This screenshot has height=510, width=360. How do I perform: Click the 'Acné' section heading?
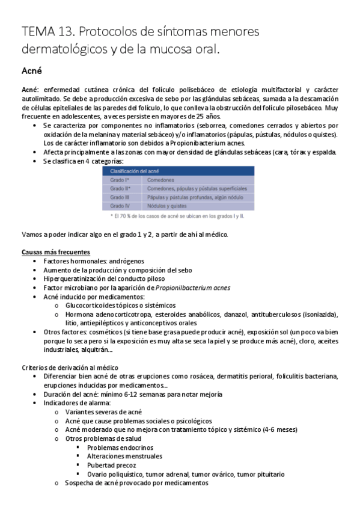pos(31,71)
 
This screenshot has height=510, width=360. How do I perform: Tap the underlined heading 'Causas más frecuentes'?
pos(56,252)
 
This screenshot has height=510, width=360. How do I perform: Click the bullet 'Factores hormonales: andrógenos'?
pos(90,262)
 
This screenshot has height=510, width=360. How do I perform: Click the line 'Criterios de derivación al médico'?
pos(70,367)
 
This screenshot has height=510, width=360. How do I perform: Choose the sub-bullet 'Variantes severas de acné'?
pos(103,412)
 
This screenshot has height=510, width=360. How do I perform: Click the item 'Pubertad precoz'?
pos(111,465)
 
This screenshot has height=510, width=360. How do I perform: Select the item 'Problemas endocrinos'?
pos(120,447)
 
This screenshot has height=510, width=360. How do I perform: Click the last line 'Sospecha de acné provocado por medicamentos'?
pos(136,482)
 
